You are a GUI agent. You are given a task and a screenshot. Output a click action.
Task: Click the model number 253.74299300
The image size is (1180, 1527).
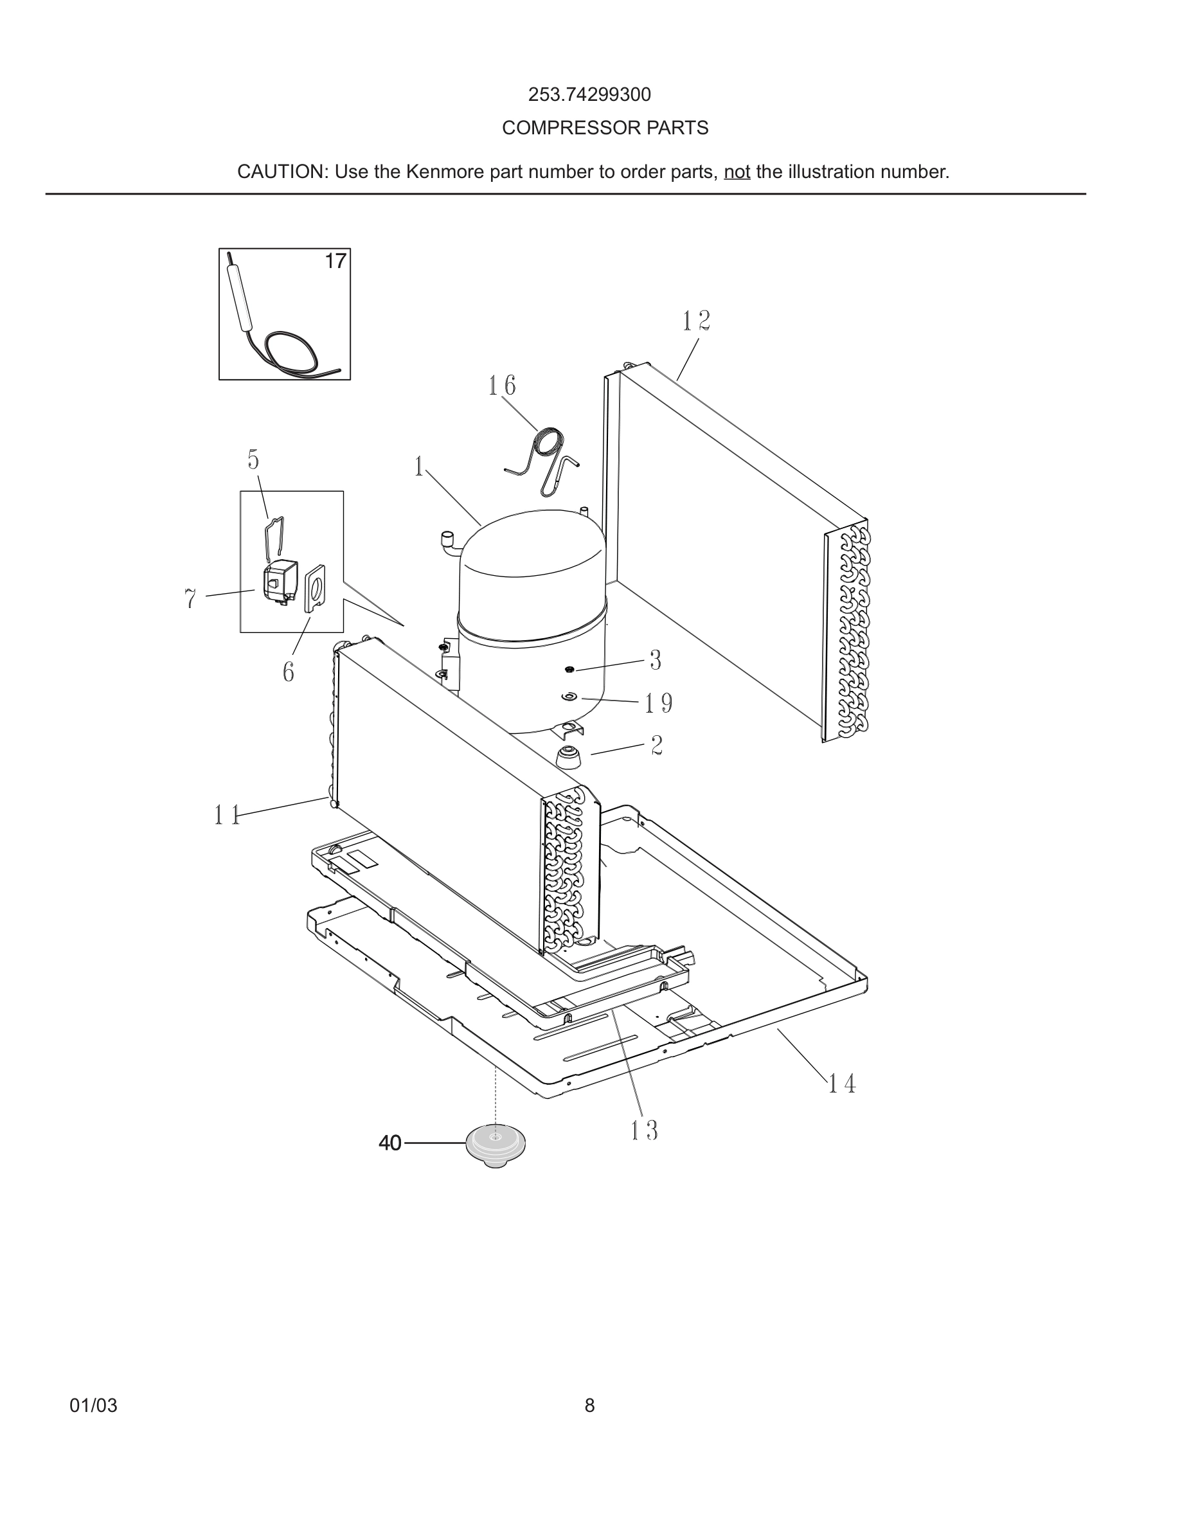point(589,94)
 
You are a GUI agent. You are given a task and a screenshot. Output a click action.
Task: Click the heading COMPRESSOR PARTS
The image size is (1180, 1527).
point(605,128)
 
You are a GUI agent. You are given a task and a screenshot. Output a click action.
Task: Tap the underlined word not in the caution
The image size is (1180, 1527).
point(737,172)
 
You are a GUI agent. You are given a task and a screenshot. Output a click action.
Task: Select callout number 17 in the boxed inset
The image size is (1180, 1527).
point(335,262)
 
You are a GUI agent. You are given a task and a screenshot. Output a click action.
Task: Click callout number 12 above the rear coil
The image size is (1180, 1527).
point(696,321)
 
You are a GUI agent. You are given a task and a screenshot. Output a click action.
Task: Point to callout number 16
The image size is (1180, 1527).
point(502,386)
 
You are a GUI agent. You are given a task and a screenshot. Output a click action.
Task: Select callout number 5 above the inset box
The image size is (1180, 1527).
point(253,460)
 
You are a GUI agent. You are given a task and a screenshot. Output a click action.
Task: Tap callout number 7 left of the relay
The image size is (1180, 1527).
point(190,599)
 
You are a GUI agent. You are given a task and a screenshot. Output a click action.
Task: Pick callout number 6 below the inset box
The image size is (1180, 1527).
point(288,673)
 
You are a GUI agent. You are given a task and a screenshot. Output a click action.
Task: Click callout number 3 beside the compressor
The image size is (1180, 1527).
point(655,660)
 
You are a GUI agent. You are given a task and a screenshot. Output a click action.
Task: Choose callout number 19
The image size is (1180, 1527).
point(659,703)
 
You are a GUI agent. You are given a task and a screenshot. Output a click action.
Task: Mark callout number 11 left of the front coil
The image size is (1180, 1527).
point(227,816)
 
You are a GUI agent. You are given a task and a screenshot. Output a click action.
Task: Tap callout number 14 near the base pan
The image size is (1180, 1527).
point(842,1084)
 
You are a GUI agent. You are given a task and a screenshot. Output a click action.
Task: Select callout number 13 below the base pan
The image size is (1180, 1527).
point(644,1130)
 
